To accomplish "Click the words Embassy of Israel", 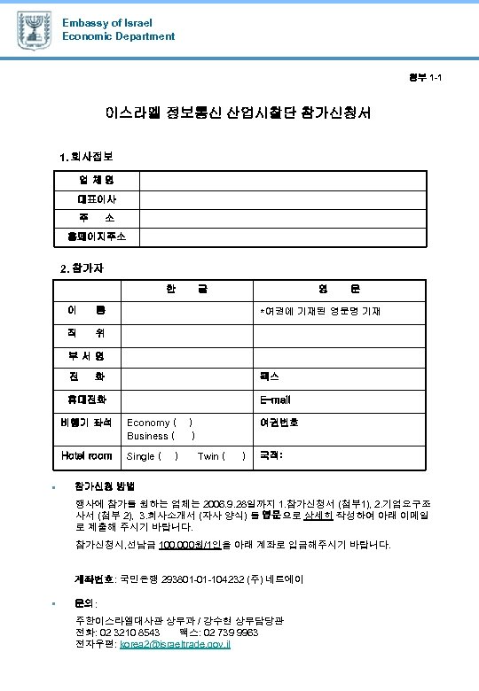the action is (106, 22).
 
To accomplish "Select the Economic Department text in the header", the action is (118, 36).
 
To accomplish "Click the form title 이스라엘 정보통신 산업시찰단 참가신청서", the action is (239, 114).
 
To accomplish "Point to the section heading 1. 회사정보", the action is (85, 157).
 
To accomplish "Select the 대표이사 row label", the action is (96, 199).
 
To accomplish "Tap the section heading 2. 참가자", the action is (82, 267).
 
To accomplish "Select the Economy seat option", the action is (161, 423).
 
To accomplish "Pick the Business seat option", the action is (161, 436).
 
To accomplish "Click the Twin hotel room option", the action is (221, 456).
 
